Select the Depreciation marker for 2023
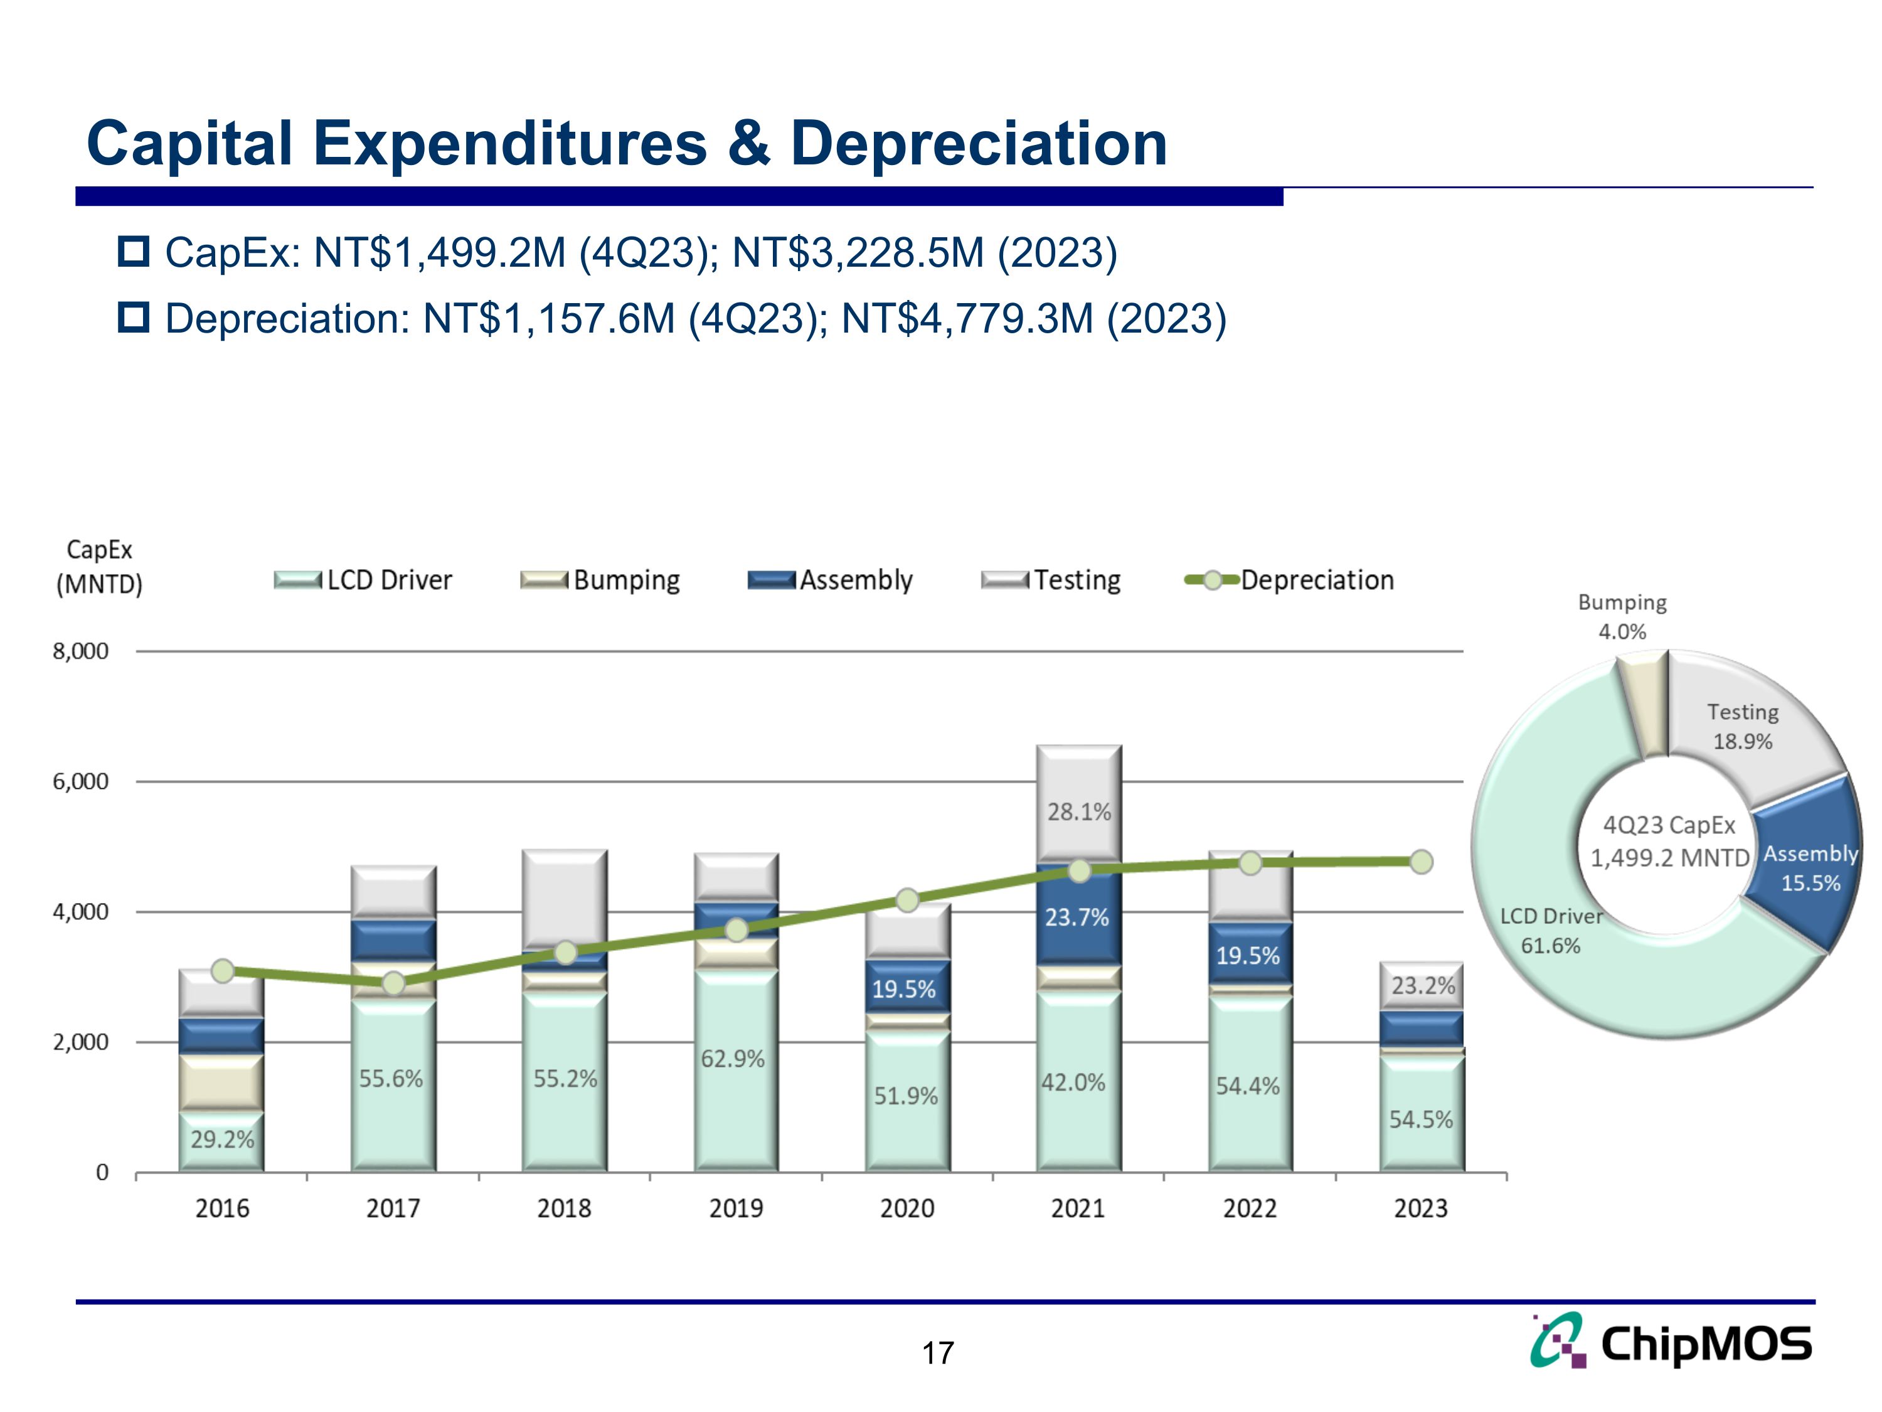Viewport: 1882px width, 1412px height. [1420, 862]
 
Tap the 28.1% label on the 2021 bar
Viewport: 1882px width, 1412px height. [1079, 812]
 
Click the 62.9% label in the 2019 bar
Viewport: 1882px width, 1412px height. [733, 1059]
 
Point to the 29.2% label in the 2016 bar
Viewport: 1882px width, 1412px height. [222, 1140]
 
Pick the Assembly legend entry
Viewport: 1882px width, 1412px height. [831, 580]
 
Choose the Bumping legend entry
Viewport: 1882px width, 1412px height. [601, 580]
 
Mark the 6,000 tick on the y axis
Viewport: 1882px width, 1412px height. [81, 781]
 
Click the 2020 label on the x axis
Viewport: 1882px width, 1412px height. [907, 1209]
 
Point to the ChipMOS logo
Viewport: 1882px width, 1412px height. [1671, 1342]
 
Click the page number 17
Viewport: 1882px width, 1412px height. [938, 1353]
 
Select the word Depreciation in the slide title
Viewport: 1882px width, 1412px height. [979, 143]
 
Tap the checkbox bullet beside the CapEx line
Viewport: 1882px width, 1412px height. [134, 252]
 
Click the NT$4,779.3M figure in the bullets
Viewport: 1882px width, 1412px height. [967, 319]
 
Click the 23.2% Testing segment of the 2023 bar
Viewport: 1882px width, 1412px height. [1422, 986]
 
